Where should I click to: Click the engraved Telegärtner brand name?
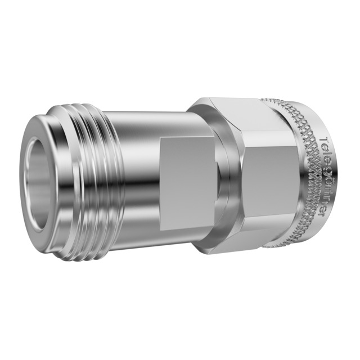pyautogui.click(x=323, y=176)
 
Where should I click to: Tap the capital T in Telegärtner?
pyautogui.click(x=323, y=140)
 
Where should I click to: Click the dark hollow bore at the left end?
pyautogui.click(x=38, y=183)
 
